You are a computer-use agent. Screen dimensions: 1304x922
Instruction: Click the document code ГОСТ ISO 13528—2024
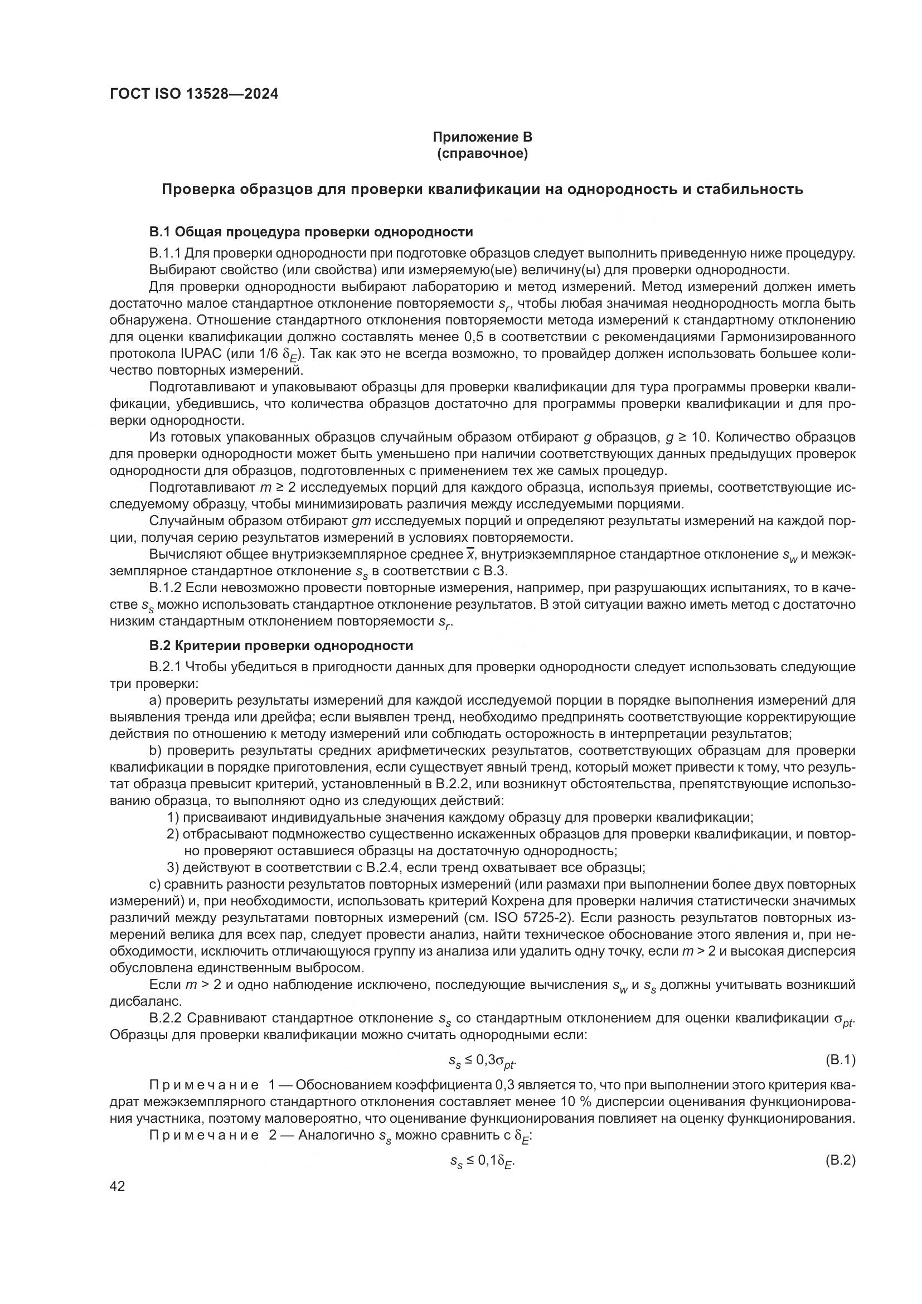click(x=194, y=94)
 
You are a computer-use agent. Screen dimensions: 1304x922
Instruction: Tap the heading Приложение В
click(x=482, y=137)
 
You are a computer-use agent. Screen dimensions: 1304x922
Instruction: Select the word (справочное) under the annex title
click(x=482, y=154)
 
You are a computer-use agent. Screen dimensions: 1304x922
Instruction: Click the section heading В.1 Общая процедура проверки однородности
click(x=311, y=232)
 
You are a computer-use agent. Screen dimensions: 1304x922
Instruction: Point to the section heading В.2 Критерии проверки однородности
click(x=281, y=646)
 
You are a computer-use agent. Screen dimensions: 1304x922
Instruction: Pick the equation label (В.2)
click(x=839, y=1161)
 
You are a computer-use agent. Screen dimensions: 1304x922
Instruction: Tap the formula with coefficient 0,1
click(x=482, y=1161)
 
